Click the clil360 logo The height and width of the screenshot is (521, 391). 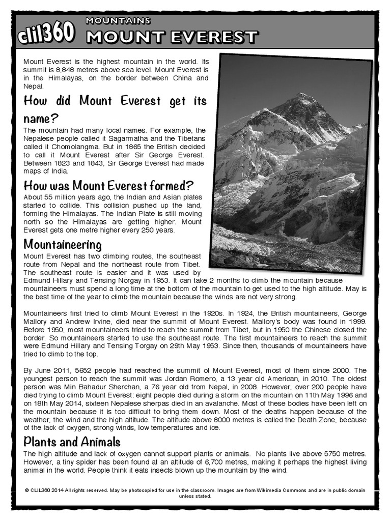point(46,34)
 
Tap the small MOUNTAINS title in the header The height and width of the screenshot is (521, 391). point(118,21)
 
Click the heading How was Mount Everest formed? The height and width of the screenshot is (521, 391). point(109,185)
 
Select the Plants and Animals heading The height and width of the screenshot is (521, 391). point(72,441)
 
